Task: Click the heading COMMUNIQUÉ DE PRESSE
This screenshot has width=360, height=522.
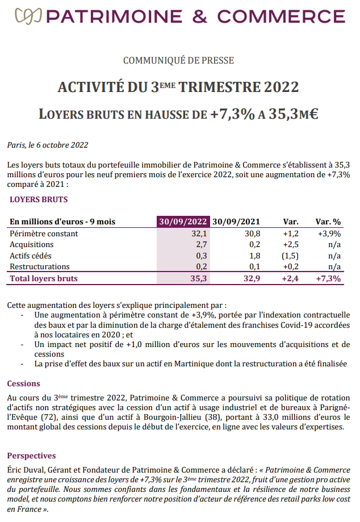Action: (x=179, y=61)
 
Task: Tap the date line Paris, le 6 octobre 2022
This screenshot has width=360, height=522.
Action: (x=48, y=145)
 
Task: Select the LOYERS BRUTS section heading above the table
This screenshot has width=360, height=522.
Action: (x=39, y=200)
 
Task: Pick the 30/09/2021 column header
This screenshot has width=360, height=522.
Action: (x=236, y=222)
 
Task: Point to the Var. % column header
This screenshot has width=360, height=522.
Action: (x=328, y=222)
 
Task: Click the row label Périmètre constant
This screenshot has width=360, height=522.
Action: (x=44, y=233)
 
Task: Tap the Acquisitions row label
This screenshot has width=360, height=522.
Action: (x=32, y=244)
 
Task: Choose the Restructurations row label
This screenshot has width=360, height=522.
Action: (x=40, y=266)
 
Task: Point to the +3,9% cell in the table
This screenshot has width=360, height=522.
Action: (x=329, y=233)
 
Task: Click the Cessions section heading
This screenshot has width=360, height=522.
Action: (x=24, y=383)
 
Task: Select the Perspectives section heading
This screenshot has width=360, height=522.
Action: (x=31, y=456)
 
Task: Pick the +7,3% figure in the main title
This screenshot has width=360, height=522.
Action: (x=232, y=114)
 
